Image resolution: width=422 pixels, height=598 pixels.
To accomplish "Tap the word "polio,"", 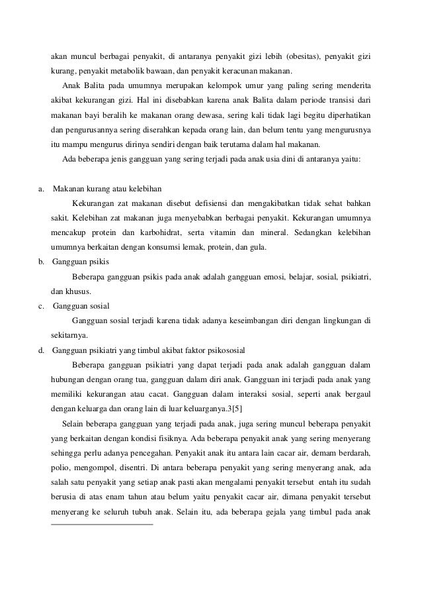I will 61,467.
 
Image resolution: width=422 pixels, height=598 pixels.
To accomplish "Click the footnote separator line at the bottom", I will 102,524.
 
